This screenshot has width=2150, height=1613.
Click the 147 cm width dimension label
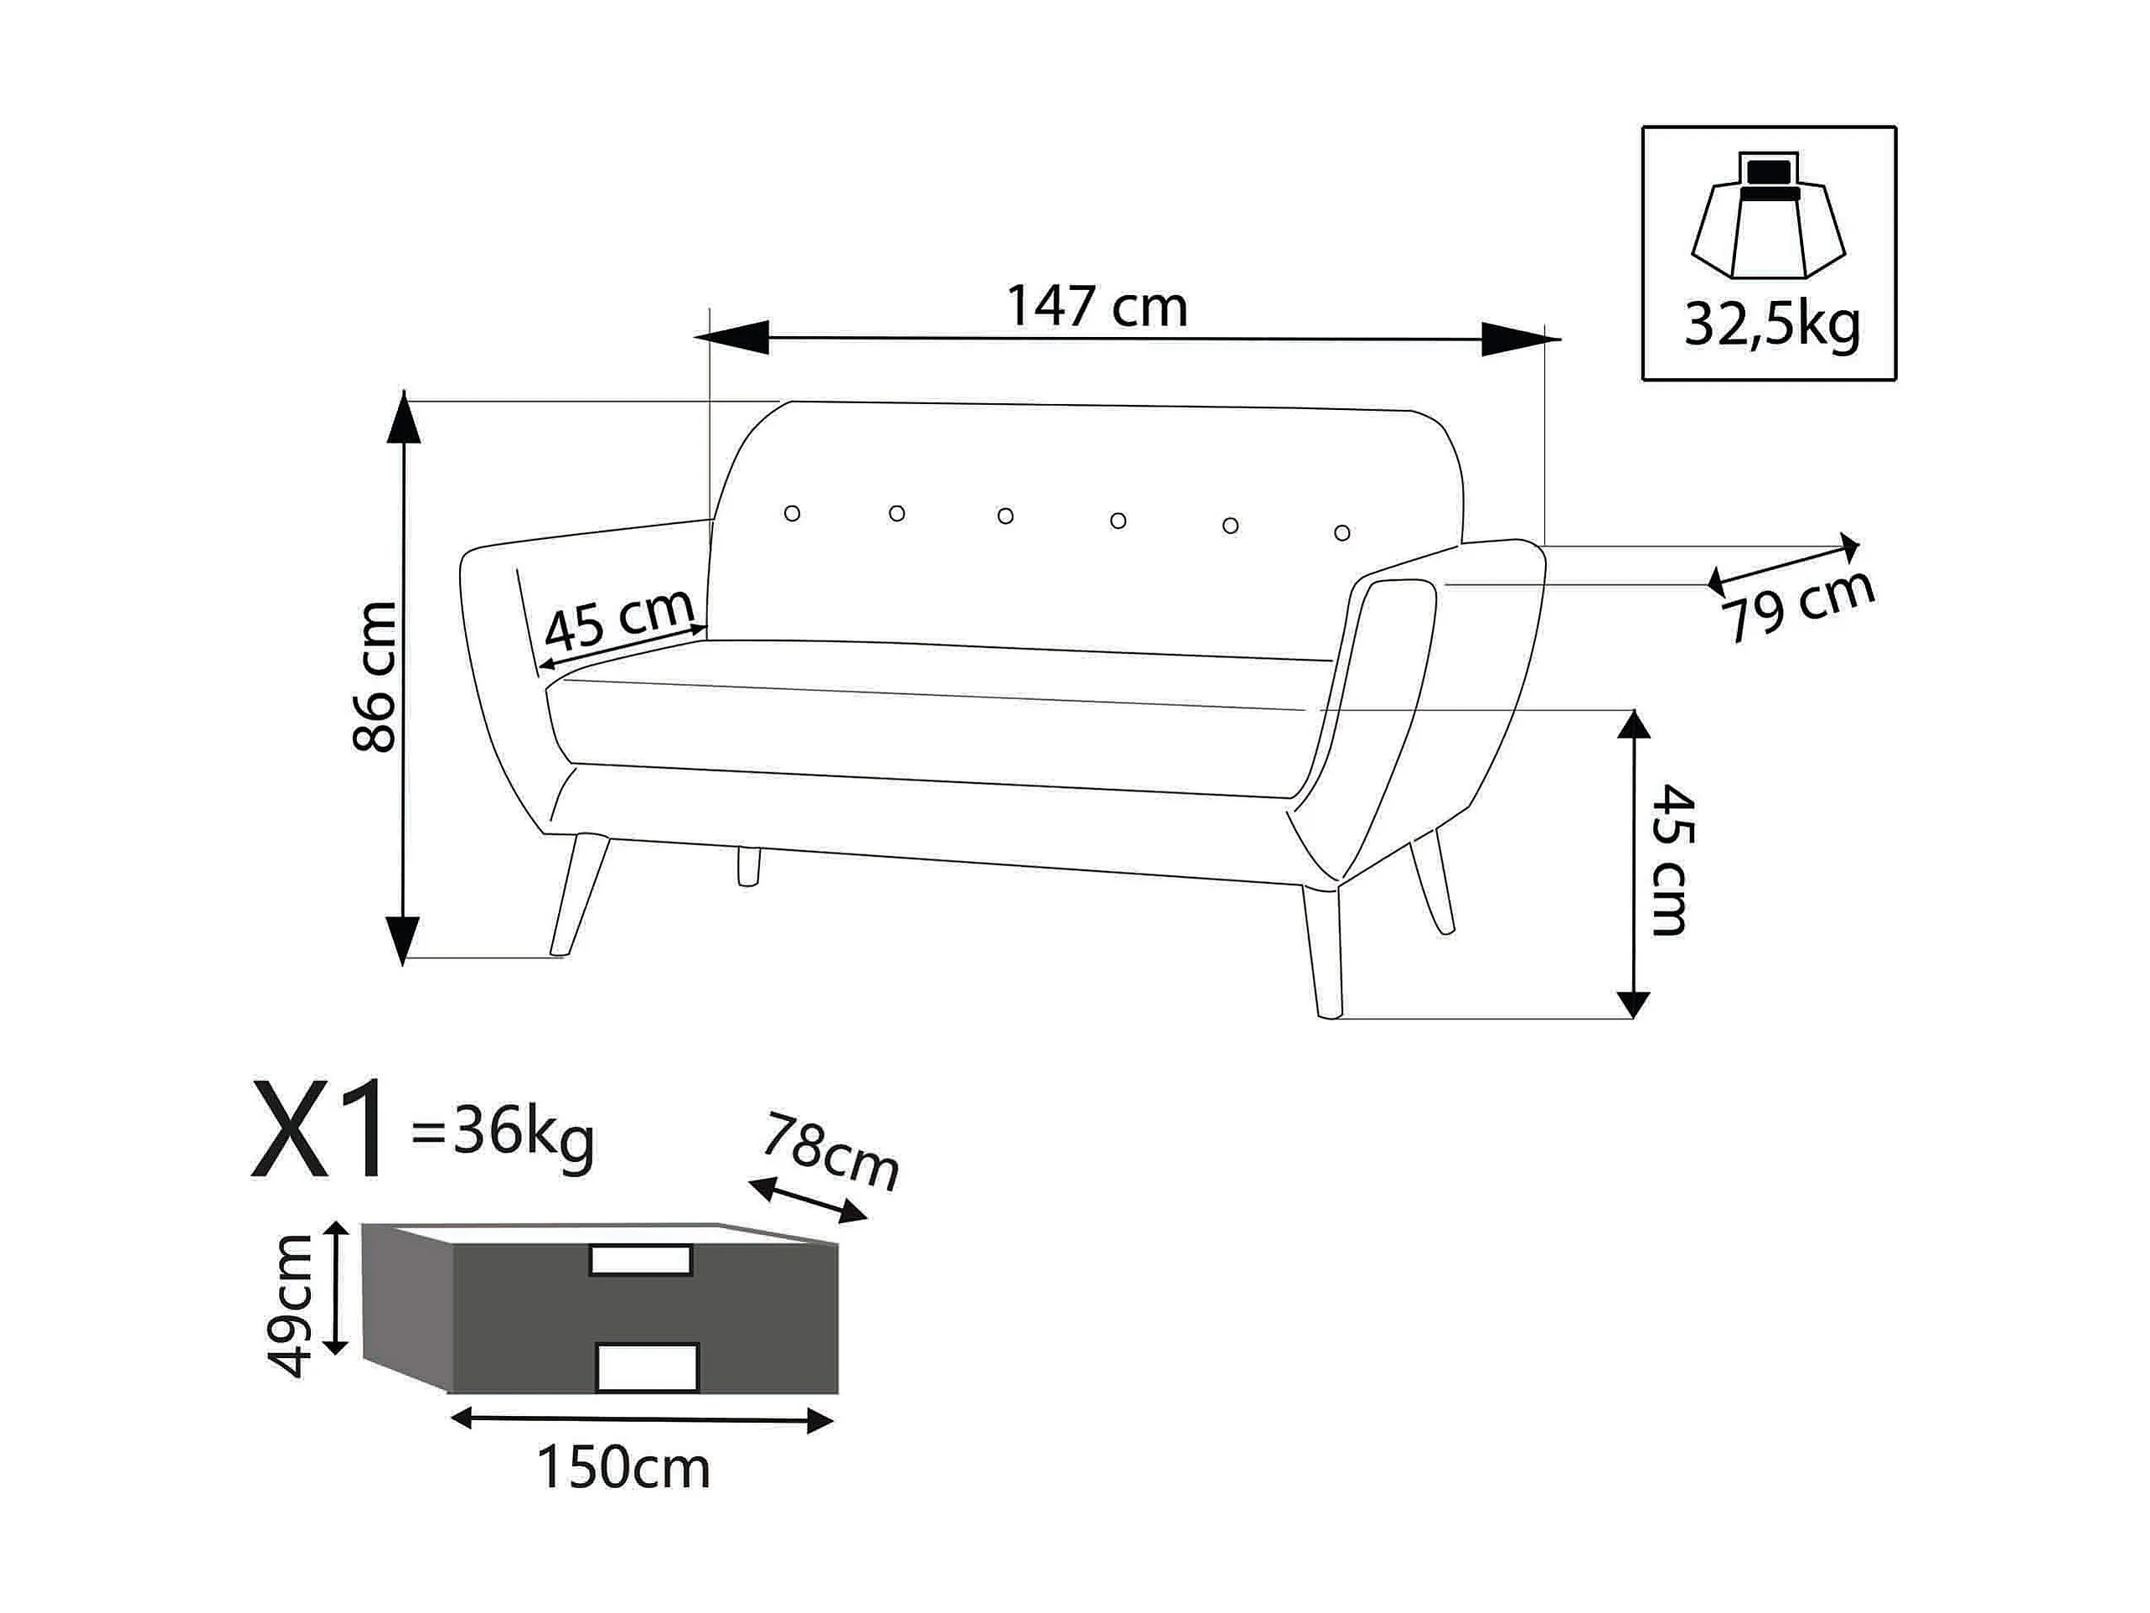coord(1097,306)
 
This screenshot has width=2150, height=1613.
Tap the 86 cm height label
coord(375,677)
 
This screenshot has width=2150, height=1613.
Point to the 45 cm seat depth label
coord(619,620)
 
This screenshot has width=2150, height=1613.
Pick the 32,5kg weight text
coord(1772,324)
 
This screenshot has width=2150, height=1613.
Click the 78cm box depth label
coord(830,1152)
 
